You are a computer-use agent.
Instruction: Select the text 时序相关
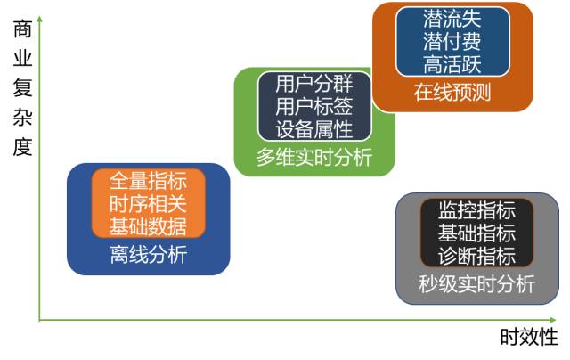pyautogui.click(x=149, y=203)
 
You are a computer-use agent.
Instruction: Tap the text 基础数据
pyautogui.click(x=149, y=225)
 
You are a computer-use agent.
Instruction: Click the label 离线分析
pyautogui.click(x=149, y=256)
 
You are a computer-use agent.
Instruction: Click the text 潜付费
pyautogui.click(x=452, y=41)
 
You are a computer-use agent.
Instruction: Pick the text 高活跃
pyautogui.click(x=452, y=63)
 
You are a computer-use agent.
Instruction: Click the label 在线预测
pyautogui.click(x=452, y=94)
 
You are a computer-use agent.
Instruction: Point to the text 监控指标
pyautogui.click(x=476, y=211)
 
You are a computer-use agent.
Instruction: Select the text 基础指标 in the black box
pyautogui.click(x=476, y=233)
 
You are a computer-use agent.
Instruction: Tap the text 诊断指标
pyautogui.click(x=476, y=256)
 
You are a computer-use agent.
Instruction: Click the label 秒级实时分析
pyautogui.click(x=476, y=285)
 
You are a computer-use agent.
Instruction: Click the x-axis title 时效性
pyautogui.click(x=528, y=338)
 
